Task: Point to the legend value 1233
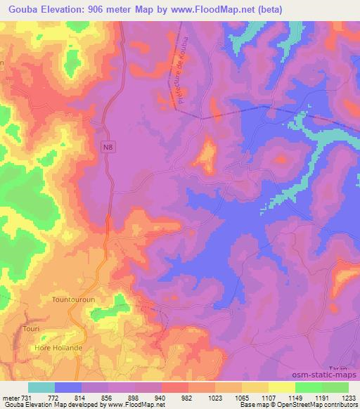tap(349, 397)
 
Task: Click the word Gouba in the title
tap(21, 8)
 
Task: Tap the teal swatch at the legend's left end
tap(41, 387)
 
